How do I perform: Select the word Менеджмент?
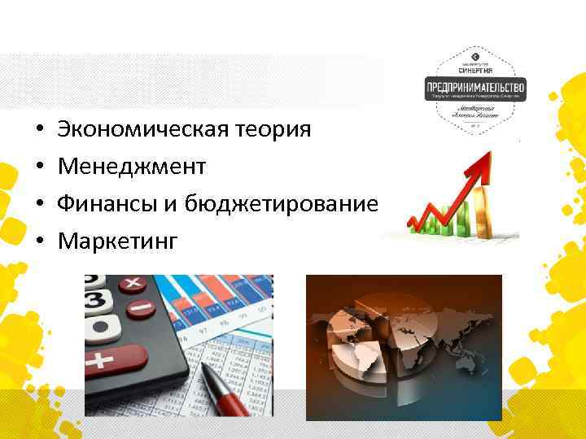pos(131,167)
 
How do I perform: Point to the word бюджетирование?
pos(281,204)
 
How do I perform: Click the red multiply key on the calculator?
pos(133,285)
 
